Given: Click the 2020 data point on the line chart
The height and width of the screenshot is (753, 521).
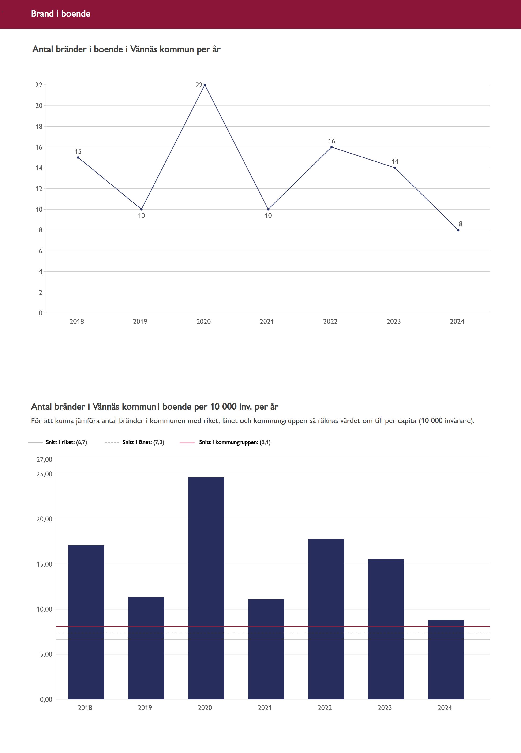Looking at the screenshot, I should coord(205,85).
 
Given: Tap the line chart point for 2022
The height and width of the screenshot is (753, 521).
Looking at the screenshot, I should coord(331,147).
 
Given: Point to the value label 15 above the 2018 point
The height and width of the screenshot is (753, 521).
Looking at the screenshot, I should coord(78,151).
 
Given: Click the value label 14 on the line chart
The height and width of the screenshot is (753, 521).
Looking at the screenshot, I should coord(395,162).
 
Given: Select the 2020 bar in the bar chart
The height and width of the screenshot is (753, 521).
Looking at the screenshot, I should coord(206,588).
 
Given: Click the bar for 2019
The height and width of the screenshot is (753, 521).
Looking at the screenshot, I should coord(146,648).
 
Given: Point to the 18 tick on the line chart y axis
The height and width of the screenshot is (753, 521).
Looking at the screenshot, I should coord(39,127).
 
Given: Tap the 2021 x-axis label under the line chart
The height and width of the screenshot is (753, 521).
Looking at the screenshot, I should coord(267,322).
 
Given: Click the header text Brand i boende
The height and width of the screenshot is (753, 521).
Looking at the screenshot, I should coord(61,14).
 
